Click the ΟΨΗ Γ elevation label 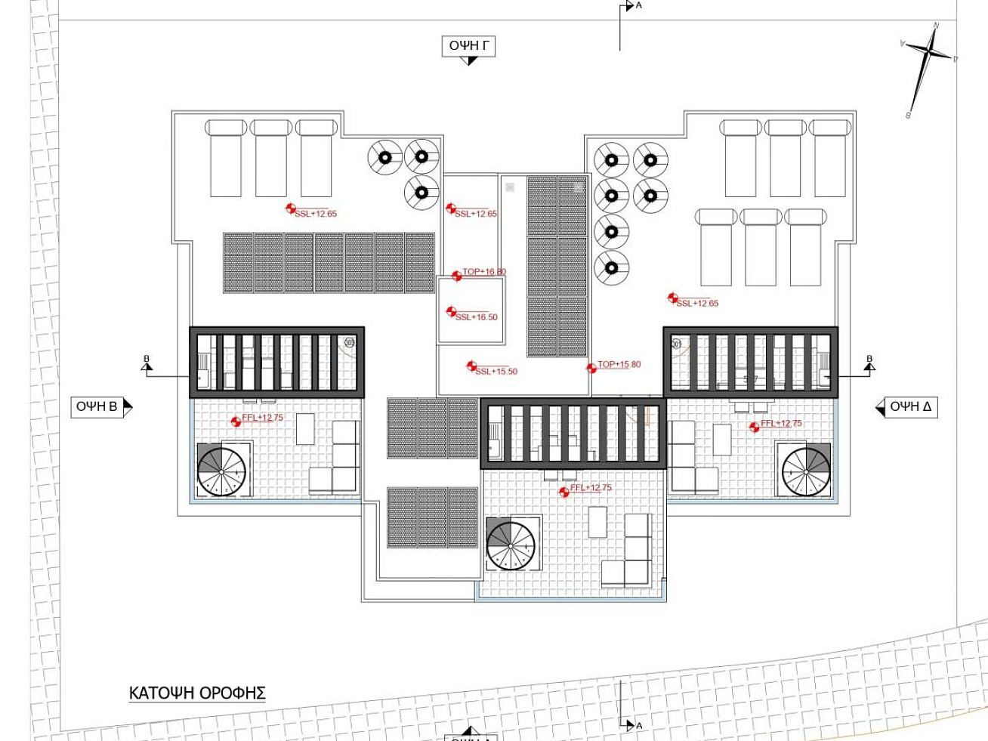(x=468, y=46)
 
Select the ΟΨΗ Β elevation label (x=97, y=406)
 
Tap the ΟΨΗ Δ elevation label (x=910, y=406)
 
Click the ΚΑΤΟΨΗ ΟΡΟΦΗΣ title (x=197, y=693)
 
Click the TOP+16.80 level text (x=484, y=272)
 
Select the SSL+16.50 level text (x=476, y=317)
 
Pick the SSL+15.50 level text (x=496, y=371)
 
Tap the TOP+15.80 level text (x=619, y=364)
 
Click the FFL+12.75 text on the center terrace (x=591, y=488)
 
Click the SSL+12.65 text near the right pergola (x=697, y=304)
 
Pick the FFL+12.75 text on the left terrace (x=262, y=418)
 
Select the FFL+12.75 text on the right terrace (x=781, y=424)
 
